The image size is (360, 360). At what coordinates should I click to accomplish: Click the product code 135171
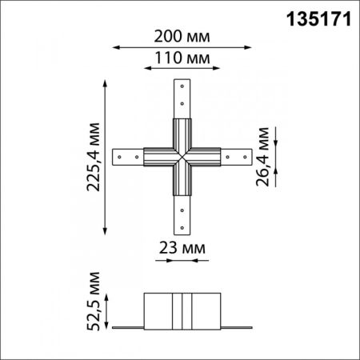tap(318, 18)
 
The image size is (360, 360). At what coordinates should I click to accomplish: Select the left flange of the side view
tap(127, 326)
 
